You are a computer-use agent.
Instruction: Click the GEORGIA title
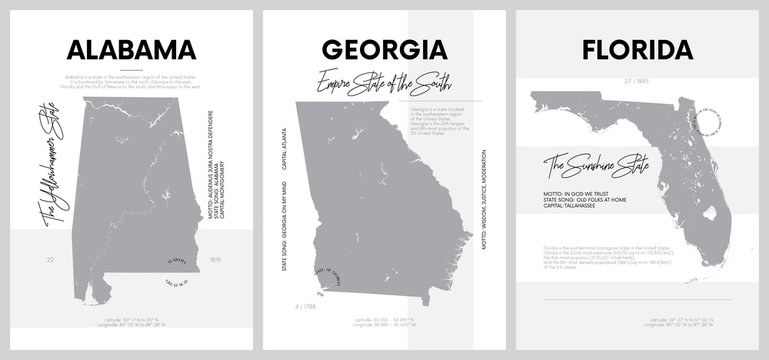point(384,48)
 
